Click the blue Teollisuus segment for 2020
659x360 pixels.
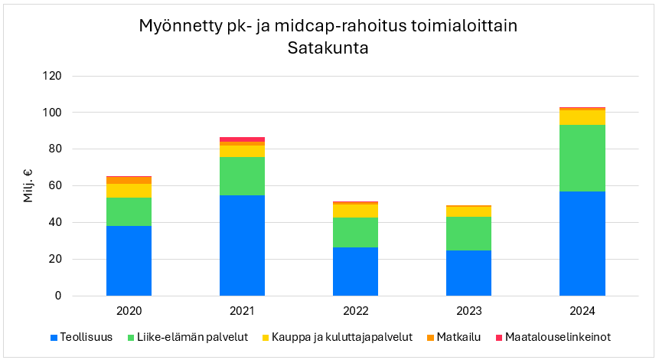click(129, 260)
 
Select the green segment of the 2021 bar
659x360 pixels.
click(242, 176)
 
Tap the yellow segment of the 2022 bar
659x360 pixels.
click(355, 211)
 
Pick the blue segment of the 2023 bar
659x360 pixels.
click(468, 273)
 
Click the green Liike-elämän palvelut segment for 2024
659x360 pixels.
click(582, 158)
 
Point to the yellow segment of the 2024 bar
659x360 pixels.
click(582, 117)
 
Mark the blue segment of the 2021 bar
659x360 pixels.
click(242, 245)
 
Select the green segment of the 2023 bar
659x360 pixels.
click(468, 234)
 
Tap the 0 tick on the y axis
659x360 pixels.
click(57, 296)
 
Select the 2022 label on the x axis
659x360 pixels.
click(355, 311)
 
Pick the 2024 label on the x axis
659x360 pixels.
click(582, 311)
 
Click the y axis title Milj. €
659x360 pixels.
click(28, 186)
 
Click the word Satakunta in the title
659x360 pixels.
click(328, 47)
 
